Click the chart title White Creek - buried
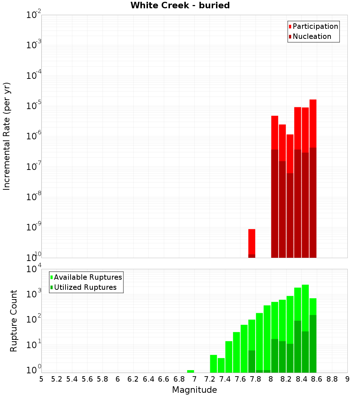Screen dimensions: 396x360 click(x=180, y=5)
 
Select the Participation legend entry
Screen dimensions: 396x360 click(x=313, y=26)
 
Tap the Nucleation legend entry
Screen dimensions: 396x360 click(x=310, y=36)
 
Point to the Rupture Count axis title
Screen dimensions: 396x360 click(x=14, y=320)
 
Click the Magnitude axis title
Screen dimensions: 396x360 click(x=194, y=390)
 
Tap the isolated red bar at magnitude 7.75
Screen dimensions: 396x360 click(x=252, y=241)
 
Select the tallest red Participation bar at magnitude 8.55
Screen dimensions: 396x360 click(x=313, y=122)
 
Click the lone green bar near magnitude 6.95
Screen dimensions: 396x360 click(x=190, y=371)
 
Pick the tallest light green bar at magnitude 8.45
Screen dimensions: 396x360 click(x=305, y=306)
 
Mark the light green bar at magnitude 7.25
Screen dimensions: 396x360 click(x=213, y=364)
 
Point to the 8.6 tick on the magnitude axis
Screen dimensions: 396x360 click(x=317, y=379)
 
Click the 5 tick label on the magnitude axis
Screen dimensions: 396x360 click(x=41, y=379)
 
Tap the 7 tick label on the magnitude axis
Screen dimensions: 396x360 click(x=194, y=379)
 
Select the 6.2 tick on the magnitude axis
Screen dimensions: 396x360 click(x=133, y=379)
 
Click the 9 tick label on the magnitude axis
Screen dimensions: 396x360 click(x=347, y=379)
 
